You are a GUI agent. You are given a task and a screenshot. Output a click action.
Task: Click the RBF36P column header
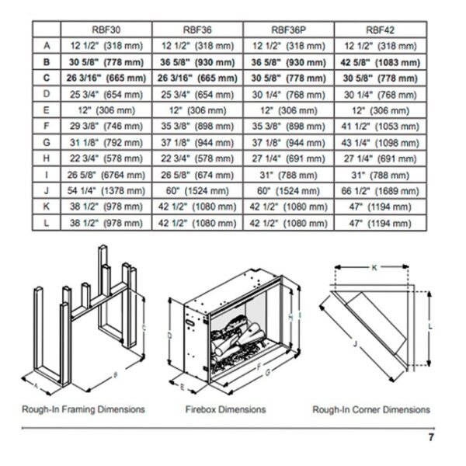[288, 30]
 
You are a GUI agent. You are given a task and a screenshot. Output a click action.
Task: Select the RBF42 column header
[380, 30]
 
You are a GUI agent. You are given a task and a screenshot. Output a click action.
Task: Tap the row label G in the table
[47, 143]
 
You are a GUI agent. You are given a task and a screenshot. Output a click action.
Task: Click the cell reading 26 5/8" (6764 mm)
[106, 175]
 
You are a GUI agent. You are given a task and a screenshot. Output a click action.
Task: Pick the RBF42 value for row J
[380, 191]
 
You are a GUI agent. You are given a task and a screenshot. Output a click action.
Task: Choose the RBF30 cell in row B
[106, 62]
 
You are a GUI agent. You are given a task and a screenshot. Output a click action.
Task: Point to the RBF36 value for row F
[197, 127]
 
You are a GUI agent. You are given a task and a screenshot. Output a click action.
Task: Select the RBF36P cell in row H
[288, 158]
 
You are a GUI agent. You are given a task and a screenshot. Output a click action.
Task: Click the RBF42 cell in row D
[380, 95]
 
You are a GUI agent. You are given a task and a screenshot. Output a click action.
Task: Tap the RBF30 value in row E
[106, 110]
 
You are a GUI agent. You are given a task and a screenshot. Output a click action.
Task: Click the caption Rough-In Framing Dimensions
[83, 409]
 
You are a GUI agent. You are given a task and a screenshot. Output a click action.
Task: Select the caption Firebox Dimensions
[225, 409]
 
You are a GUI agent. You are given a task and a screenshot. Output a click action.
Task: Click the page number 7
[431, 437]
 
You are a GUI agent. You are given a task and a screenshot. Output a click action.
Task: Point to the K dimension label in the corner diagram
[374, 267]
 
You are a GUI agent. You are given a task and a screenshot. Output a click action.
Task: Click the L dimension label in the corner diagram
[430, 326]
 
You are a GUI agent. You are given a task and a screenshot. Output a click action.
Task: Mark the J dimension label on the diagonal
[355, 344]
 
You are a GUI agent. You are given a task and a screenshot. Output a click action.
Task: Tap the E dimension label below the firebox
[183, 387]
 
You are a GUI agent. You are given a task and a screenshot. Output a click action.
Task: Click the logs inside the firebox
[236, 337]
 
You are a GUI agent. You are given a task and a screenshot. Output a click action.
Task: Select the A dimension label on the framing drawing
[37, 386]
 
